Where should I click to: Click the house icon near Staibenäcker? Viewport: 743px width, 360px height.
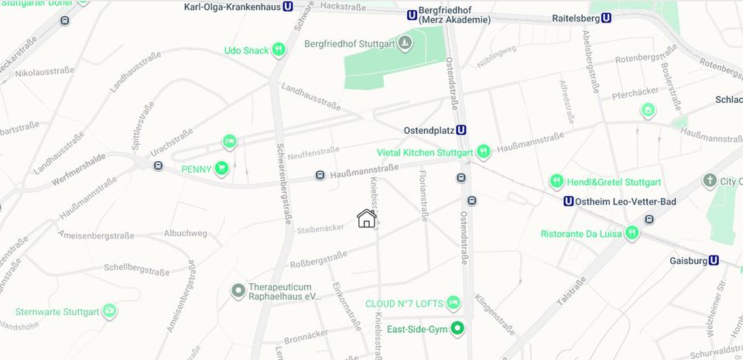[367, 218]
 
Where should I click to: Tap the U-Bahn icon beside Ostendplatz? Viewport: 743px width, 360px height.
[461, 130]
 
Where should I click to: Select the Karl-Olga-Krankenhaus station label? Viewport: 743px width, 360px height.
[233, 7]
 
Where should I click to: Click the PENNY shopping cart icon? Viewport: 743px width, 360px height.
[222, 168]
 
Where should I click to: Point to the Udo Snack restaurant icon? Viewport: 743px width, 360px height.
[279, 50]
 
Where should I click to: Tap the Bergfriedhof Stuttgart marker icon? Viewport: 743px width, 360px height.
[405, 43]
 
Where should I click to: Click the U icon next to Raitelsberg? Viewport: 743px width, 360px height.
[606, 18]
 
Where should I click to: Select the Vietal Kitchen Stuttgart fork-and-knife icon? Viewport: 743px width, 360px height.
[484, 152]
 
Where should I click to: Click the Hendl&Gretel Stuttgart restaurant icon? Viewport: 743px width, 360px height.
[556, 182]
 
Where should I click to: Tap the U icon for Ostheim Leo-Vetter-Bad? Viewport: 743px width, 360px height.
[569, 201]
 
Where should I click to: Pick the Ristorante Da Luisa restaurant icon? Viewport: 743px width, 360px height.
[632, 232]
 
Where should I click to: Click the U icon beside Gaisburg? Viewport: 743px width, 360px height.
[714, 261]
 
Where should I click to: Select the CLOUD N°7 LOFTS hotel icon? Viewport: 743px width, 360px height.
[454, 302]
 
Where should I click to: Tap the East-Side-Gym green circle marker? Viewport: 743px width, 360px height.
[457, 328]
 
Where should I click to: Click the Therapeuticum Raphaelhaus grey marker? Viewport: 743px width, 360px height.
[238, 290]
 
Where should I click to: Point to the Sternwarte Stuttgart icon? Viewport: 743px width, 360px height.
[110, 312]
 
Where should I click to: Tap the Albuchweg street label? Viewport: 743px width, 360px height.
[185, 232]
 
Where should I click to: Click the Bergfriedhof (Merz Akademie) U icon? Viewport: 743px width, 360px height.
[412, 14]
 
